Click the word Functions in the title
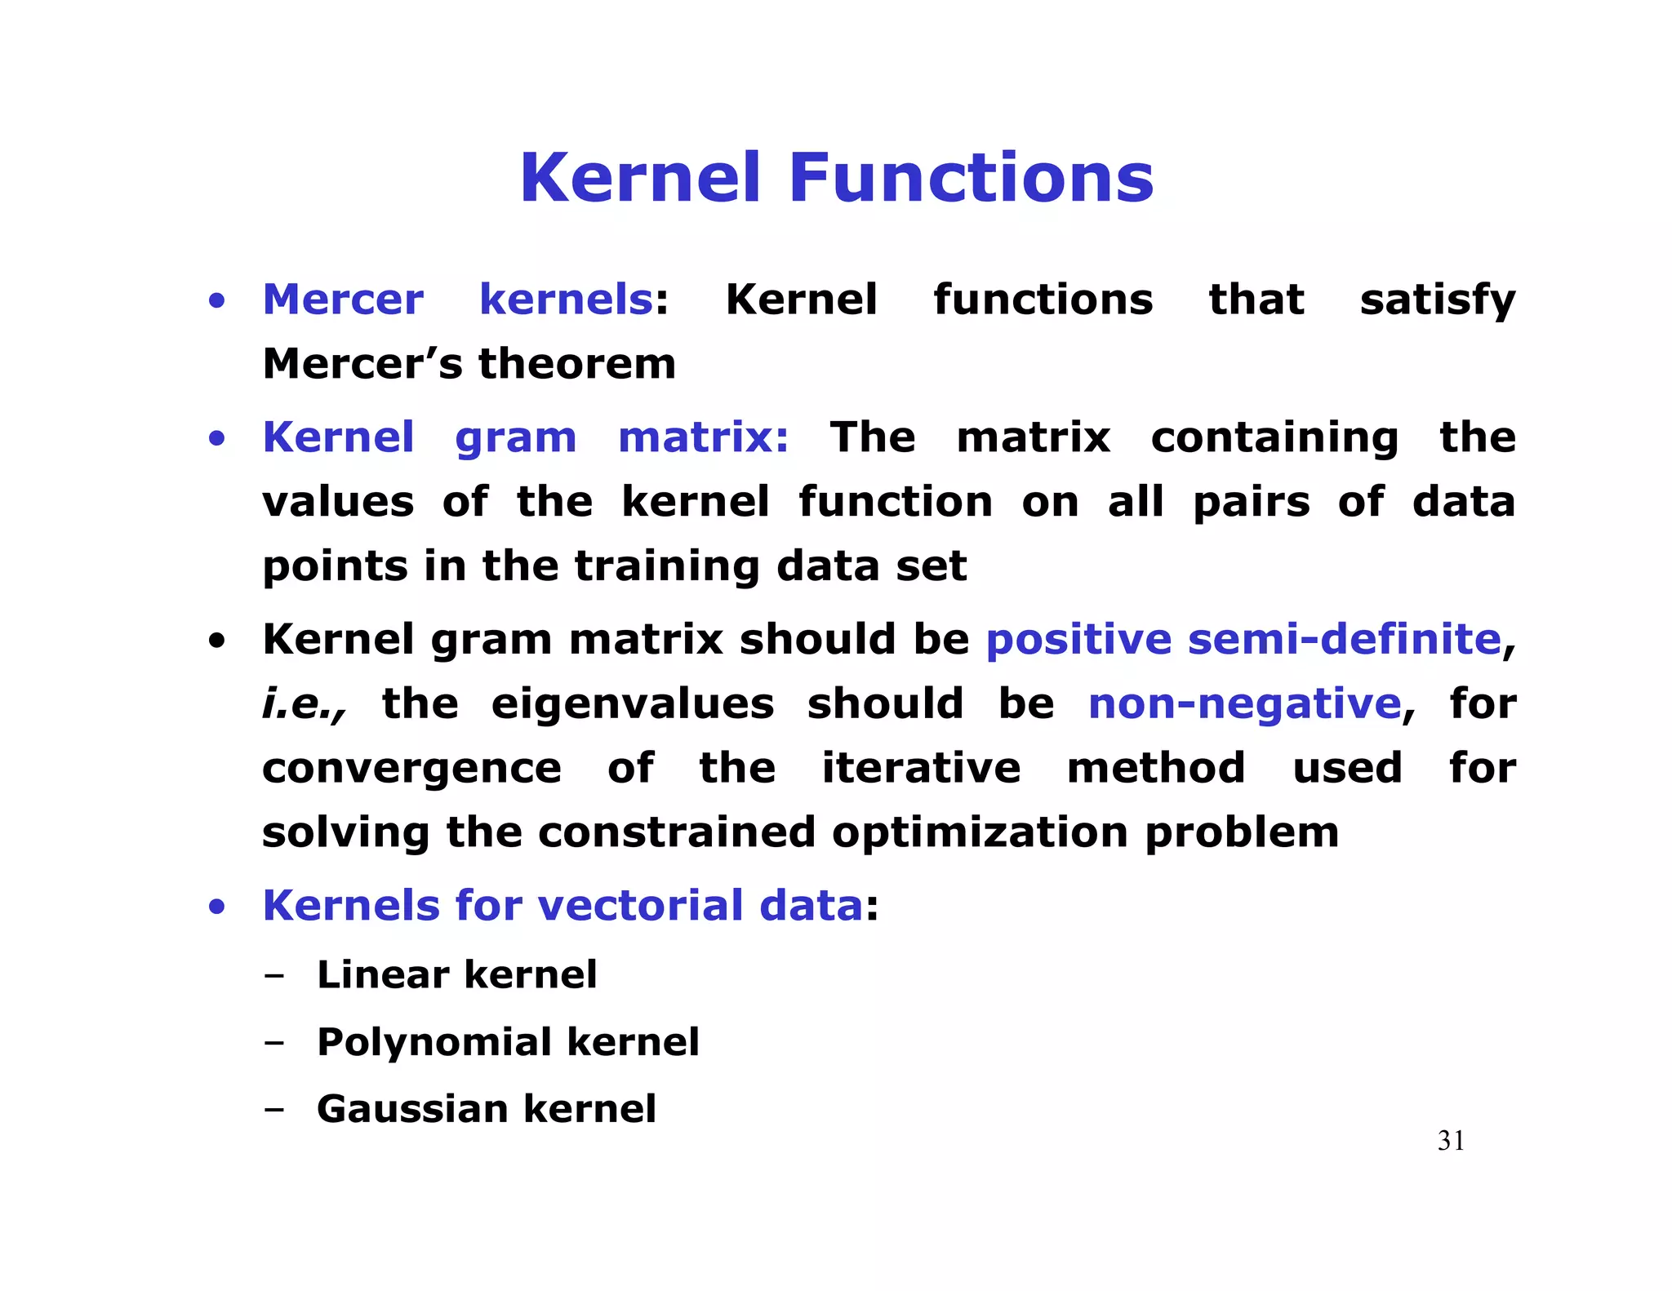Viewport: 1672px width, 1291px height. pos(971,178)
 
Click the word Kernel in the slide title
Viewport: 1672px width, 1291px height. pos(640,178)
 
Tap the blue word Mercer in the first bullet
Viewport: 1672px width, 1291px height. pos(343,299)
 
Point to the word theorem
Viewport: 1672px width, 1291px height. pos(576,364)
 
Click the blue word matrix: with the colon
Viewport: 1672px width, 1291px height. pos(703,437)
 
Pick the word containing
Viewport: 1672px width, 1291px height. pos(1274,438)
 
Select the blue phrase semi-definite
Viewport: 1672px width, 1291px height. pos(1344,639)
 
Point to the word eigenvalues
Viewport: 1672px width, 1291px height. pos(632,703)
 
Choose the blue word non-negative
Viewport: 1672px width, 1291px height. pos(1245,704)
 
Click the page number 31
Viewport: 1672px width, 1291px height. pos(1451,1141)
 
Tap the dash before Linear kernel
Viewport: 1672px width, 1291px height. pos(274,975)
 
